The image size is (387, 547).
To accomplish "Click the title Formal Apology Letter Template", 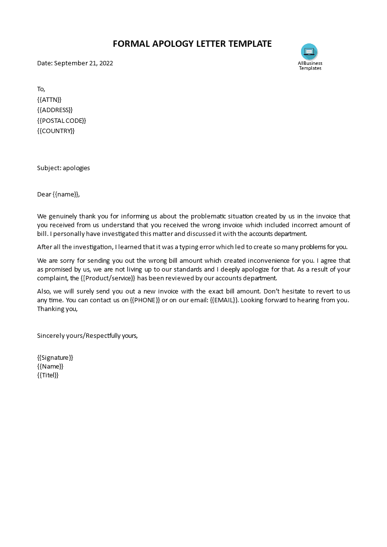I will pyautogui.click(x=192, y=44).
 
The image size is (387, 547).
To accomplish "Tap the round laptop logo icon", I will pyautogui.click(x=309, y=51).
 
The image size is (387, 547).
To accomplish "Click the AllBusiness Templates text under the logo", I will pyautogui.click(x=310, y=66).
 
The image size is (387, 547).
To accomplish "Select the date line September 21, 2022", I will pyautogui.click(x=75, y=63).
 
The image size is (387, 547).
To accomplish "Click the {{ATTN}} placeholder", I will pyautogui.click(x=49, y=99).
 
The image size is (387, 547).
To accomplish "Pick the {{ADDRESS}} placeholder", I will pyautogui.click(x=55, y=110).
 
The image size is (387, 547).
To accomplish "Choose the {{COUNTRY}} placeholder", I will pyautogui.click(x=56, y=131).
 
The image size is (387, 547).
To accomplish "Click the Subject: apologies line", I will pyautogui.click(x=63, y=168).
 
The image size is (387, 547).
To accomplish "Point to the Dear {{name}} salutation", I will pyautogui.click(x=58, y=194).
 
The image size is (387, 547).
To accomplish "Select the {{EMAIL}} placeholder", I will pyautogui.click(x=224, y=300).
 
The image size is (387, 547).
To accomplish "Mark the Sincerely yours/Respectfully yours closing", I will pyautogui.click(x=87, y=335).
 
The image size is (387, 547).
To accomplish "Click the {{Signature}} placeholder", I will pyautogui.click(x=55, y=357).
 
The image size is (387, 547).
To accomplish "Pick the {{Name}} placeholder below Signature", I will pyautogui.click(x=50, y=366).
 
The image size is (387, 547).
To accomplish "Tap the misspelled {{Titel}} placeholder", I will pyautogui.click(x=48, y=375).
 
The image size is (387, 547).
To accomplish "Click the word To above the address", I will pyautogui.click(x=41, y=89).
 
